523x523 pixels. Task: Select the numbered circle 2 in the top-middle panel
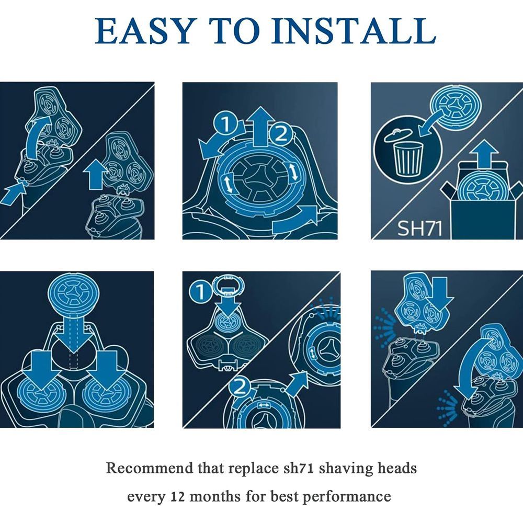point(280,134)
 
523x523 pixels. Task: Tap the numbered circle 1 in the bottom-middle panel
point(201,292)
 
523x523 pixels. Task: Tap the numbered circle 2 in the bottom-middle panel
point(240,388)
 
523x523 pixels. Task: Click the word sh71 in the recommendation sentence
point(298,468)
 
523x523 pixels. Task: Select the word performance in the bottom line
point(347,497)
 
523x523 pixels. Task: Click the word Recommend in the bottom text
point(150,468)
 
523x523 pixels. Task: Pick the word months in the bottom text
point(215,497)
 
